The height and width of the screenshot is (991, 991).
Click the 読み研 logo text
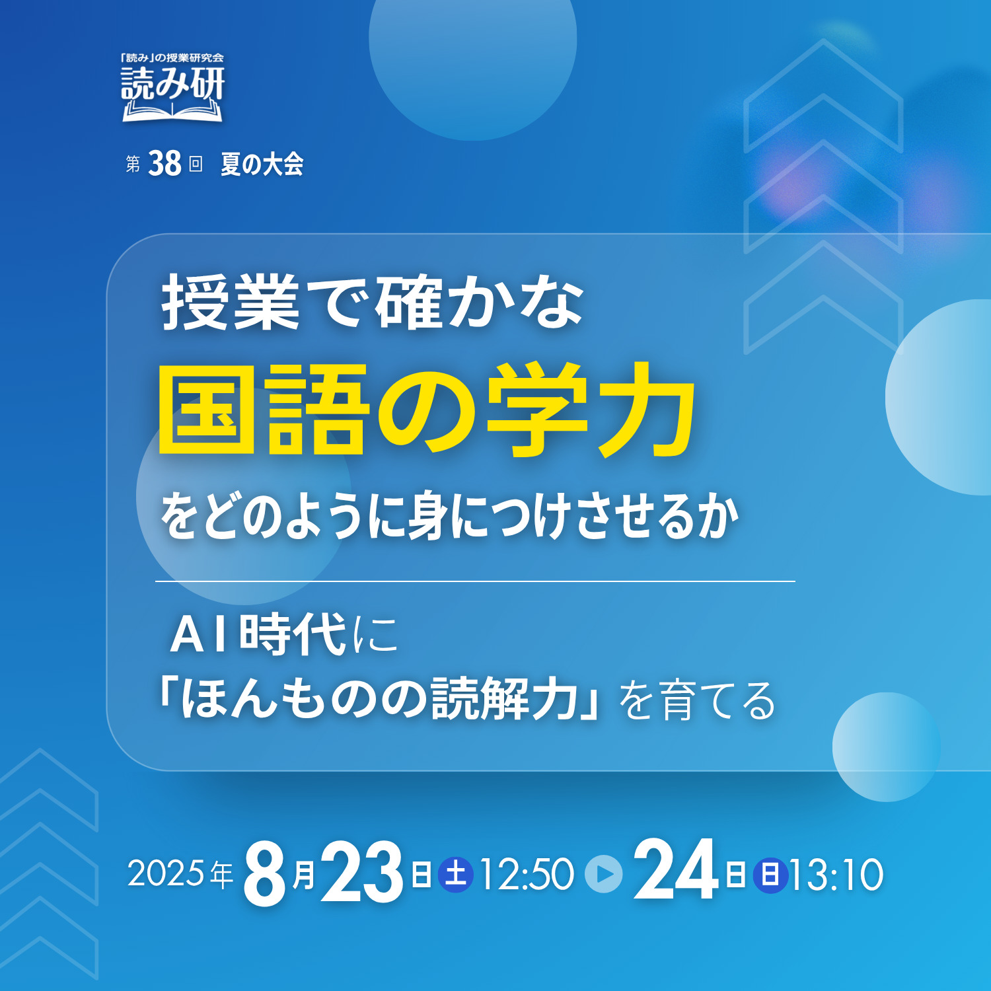tap(173, 84)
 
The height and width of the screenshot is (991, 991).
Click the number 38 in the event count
tap(165, 163)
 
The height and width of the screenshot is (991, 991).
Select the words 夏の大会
tap(262, 164)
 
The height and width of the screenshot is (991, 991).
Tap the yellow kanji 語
tap(316, 410)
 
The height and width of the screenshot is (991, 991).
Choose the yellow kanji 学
tap(536, 410)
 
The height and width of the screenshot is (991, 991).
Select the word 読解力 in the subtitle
tap(506, 699)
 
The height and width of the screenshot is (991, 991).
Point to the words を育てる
tap(698, 700)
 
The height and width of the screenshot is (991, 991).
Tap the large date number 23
tap(362, 872)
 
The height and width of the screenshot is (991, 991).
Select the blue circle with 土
tap(456, 875)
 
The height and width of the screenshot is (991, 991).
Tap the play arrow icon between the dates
tap(604, 874)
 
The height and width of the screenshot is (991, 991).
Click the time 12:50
tap(527, 875)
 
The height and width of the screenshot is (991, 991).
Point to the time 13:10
tap(836, 875)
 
